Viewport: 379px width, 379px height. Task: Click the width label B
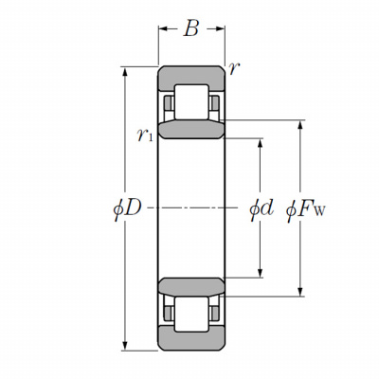[x=191, y=28]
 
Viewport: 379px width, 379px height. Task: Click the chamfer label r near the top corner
[x=234, y=68]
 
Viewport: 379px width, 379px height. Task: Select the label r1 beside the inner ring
[x=145, y=135]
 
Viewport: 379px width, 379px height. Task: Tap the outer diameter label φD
[x=127, y=208]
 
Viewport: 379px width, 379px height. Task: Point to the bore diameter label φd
[x=262, y=209]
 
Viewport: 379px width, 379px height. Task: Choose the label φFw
[x=305, y=209]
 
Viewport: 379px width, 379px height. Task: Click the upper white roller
[x=191, y=102]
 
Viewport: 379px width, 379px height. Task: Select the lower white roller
[x=191, y=315]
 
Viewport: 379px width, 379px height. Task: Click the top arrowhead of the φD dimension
[x=125, y=71]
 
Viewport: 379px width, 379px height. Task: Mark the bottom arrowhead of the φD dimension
[x=125, y=346]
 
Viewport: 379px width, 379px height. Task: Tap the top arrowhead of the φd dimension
[x=261, y=143]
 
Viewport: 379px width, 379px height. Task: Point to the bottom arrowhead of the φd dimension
[x=261, y=273]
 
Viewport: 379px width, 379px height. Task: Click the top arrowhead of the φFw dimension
[x=300, y=125]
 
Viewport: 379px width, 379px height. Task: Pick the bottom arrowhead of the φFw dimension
[x=300, y=292]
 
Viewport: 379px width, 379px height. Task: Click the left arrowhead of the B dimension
[x=163, y=29]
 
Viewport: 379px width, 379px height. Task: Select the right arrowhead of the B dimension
[x=220, y=29]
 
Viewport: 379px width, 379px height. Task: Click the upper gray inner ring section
[x=191, y=130]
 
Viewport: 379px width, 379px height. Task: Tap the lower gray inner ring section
[x=191, y=287]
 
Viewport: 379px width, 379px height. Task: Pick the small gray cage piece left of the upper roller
[x=168, y=102]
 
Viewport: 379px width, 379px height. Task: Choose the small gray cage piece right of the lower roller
[x=215, y=314]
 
